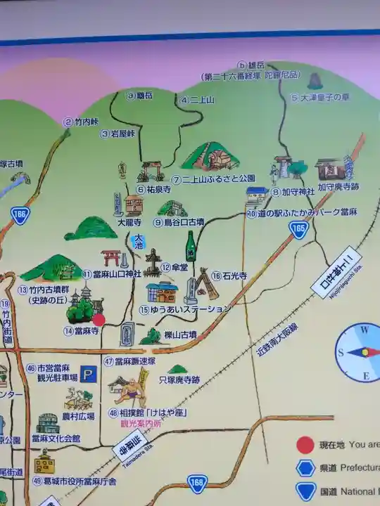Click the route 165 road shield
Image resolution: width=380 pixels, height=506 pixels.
pyautogui.click(x=300, y=228)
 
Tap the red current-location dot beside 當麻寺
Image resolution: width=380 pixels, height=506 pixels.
pyautogui.click(x=99, y=320)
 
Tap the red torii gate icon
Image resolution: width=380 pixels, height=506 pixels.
pyautogui.click(x=110, y=258)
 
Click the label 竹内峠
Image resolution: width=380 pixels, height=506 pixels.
pyautogui.click(x=88, y=121)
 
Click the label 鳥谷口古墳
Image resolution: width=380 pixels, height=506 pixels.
pyautogui.click(x=184, y=222)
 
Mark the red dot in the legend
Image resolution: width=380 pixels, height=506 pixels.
pyautogui.click(x=305, y=444)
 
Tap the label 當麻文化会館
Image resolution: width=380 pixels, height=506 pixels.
pyautogui.click(x=56, y=439)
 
